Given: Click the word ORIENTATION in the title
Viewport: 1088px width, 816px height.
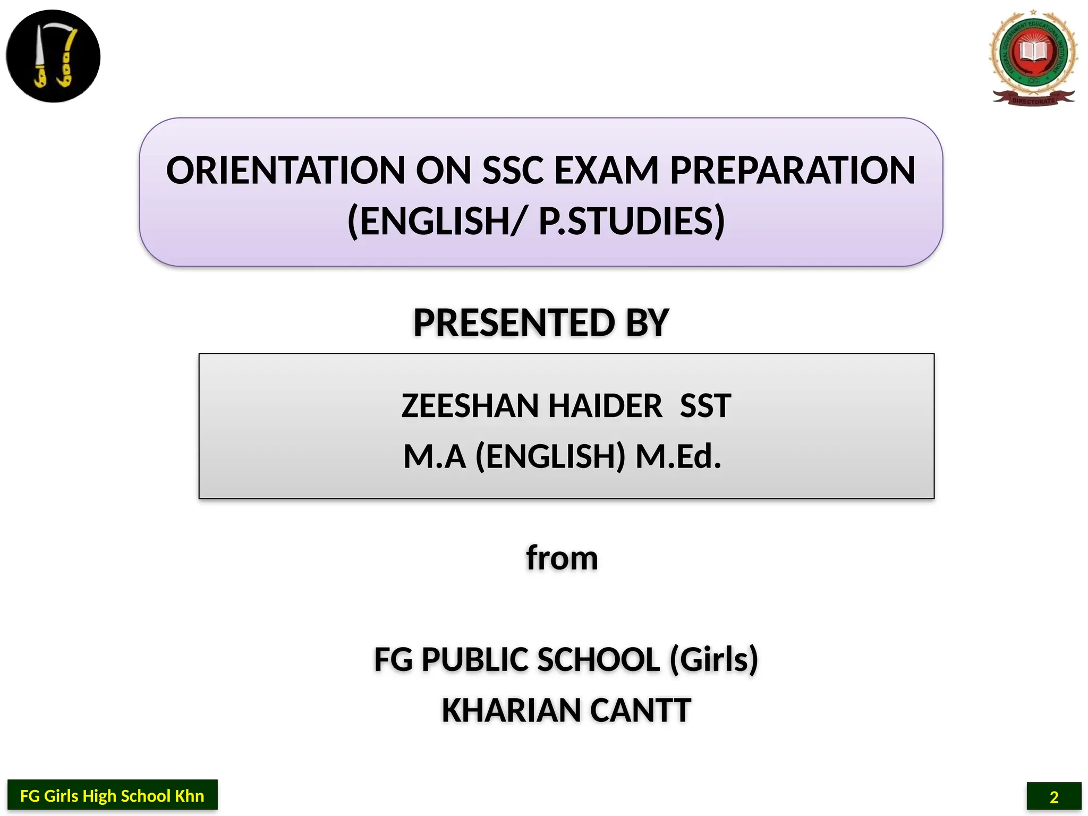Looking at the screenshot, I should (x=286, y=171).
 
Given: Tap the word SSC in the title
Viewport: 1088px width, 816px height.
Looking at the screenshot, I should (x=513, y=171).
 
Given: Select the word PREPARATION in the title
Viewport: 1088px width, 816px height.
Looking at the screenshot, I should (x=792, y=171).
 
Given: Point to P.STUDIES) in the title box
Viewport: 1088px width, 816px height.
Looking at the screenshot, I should (x=632, y=221).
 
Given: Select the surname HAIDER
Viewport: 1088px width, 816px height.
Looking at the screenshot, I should (x=605, y=406).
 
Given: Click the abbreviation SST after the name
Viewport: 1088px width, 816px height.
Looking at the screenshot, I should (x=705, y=406).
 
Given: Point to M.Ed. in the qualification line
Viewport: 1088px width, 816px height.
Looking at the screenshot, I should (x=678, y=456).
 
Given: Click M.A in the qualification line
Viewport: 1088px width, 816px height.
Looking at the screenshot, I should (x=435, y=456).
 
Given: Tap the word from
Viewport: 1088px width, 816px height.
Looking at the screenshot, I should (x=562, y=558).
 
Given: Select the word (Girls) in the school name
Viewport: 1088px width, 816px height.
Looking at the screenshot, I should (x=713, y=660).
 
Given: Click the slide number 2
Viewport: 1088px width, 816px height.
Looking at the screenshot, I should (x=1053, y=797).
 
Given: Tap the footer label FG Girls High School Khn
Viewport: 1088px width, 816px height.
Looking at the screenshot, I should (x=112, y=796).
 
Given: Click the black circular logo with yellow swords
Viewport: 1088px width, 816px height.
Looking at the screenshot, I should (x=53, y=56).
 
